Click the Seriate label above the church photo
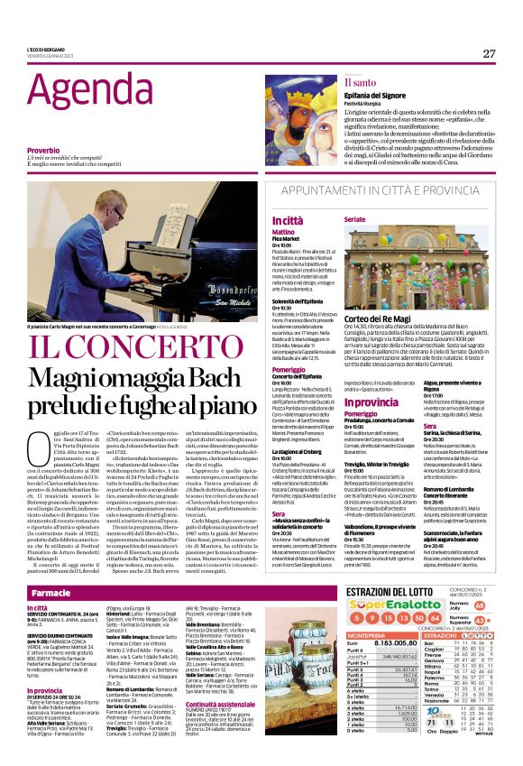tap(355, 219)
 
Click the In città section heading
tap(289, 220)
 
